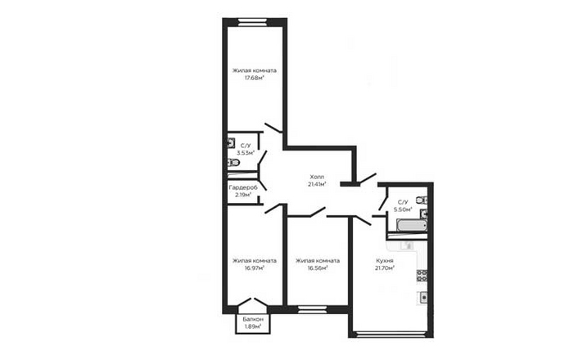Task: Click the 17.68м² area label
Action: coord(255,78)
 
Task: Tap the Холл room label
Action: coord(317,177)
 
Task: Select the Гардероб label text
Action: coord(243,187)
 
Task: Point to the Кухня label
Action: coord(385,260)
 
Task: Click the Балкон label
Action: coord(253,319)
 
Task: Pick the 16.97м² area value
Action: coord(255,268)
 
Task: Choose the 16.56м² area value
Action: coord(318,268)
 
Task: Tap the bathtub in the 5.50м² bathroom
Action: coord(412,226)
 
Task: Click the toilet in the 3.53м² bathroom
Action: coord(233,162)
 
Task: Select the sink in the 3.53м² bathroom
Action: coord(232,143)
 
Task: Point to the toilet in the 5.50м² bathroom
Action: coord(422,200)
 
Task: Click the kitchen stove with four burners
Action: coord(422,276)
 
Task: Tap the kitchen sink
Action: coord(422,297)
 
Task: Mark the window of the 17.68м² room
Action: coord(252,22)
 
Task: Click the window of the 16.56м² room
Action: coord(312,309)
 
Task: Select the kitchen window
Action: coord(391,335)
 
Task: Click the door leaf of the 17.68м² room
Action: coord(273,128)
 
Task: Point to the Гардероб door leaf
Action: coord(262,186)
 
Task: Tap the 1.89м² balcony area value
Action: coord(253,326)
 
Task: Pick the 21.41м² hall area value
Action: coord(318,184)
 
